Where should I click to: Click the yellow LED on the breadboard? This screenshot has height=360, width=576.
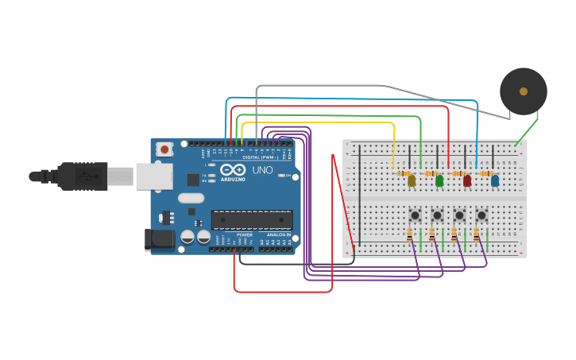pyautogui.click(x=412, y=181)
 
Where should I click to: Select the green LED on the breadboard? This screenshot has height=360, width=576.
pyautogui.click(x=439, y=181)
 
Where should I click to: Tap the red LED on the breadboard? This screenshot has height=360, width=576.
pyautogui.click(x=467, y=181)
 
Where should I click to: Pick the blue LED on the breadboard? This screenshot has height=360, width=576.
pyautogui.click(x=495, y=181)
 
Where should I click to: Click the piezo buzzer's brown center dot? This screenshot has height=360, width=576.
pyautogui.click(x=524, y=91)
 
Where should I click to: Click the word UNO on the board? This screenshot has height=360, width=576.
pyautogui.click(x=262, y=170)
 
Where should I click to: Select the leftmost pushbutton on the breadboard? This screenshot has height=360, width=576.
pyautogui.click(x=415, y=215)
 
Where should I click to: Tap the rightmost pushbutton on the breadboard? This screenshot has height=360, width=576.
pyautogui.click(x=481, y=215)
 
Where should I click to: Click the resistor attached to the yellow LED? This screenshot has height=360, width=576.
pyautogui.click(x=404, y=173)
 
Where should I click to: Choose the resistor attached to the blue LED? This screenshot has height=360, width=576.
pyautogui.click(x=487, y=173)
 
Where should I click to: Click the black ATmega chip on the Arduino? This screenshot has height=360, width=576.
pyautogui.click(x=252, y=220)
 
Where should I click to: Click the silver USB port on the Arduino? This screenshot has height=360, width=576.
pyautogui.click(x=154, y=176)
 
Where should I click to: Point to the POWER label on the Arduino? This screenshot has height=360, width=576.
pyautogui.click(x=245, y=235)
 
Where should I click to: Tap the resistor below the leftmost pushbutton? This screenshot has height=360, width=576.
pyautogui.click(x=410, y=234)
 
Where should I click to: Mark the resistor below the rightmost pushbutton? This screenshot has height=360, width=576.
pyautogui.click(x=477, y=234)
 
